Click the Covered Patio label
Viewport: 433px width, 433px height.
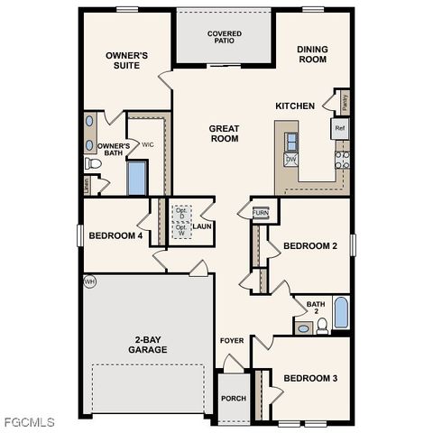point(224,37)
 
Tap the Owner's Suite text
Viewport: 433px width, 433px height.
point(126,60)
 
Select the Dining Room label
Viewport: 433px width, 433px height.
point(313,54)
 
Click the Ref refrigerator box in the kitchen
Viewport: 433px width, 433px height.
point(340,128)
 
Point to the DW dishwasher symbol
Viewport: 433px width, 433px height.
point(291,159)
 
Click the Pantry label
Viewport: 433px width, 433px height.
point(345,101)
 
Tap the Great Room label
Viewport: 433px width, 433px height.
point(224,134)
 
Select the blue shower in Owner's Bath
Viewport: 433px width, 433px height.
point(137,178)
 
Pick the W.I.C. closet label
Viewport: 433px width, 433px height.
point(148,143)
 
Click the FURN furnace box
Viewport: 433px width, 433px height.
point(260,213)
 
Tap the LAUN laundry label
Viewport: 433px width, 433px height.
point(202,226)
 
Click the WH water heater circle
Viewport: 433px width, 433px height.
point(89,281)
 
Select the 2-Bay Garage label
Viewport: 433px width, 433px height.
point(146,344)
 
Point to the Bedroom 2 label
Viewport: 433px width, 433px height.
point(309,245)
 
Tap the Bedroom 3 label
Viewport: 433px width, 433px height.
point(309,377)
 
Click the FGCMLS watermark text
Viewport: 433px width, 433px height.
point(29,422)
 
